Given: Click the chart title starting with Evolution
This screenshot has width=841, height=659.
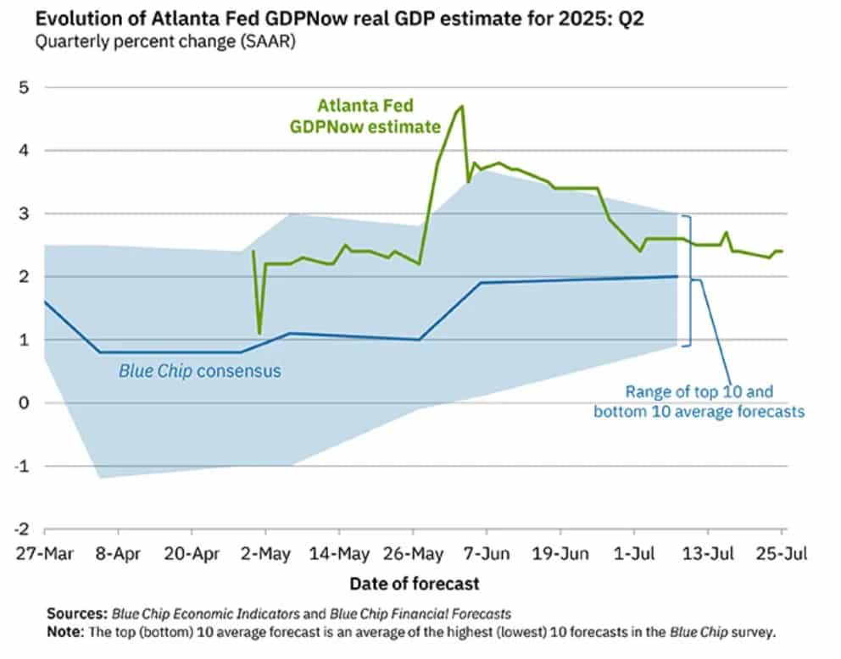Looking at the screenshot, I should pyautogui.click(x=331, y=19).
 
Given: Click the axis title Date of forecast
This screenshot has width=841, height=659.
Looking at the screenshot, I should pyautogui.click(x=414, y=584).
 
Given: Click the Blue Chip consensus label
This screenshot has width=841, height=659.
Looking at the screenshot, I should pyautogui.click(x=199, y=370).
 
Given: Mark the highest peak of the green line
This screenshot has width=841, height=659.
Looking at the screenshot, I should pyautogui.click(x=462, y=106).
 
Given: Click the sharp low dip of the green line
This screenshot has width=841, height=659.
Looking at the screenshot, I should pyautogui.click(x=259, y=333).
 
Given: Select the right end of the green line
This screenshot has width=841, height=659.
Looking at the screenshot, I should pyautogui.click(x=782, y=251).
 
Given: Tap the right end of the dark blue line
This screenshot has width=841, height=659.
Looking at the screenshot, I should pyautogui.click(x=677, y=276).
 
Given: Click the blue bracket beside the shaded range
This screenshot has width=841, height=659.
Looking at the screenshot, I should pyautogui.click(x=688, y=280).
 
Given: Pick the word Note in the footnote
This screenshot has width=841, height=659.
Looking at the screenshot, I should pyautogui.click(x=64, y=632).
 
